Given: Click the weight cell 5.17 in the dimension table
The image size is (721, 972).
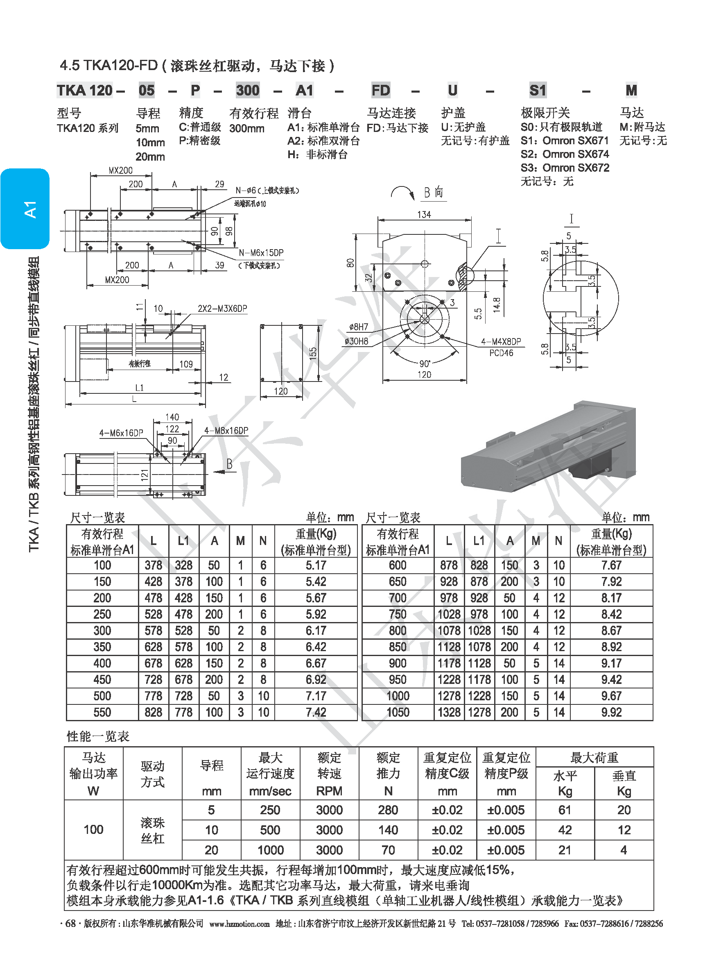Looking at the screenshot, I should point(316,565).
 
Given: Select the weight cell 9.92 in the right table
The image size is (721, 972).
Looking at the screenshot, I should point(611,713).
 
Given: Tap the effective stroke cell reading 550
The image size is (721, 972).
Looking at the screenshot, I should point(102,713).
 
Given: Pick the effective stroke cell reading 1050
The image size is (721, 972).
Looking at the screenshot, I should point(398,713).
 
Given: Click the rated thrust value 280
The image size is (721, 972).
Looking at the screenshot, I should point(388,810).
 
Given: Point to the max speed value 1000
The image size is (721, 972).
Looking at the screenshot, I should point(270,850).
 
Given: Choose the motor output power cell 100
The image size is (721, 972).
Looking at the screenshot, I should point(93,829).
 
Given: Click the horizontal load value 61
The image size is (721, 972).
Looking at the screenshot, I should point(565,810).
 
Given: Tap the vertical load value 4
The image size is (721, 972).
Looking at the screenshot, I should point(624,850).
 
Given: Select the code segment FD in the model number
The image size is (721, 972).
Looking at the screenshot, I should point(381,91).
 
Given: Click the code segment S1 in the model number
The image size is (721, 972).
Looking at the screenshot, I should point(538,91).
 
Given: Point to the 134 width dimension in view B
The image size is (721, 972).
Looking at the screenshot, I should point(424,214).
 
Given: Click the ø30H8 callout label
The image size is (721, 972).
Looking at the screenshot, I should point(356,341).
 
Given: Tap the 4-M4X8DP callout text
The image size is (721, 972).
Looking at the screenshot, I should point(501,342).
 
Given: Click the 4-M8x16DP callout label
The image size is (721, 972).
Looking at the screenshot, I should point(226,431).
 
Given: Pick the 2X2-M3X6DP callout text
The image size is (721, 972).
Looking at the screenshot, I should point(222,309).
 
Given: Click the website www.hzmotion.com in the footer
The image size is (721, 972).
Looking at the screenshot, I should point(239,924).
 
